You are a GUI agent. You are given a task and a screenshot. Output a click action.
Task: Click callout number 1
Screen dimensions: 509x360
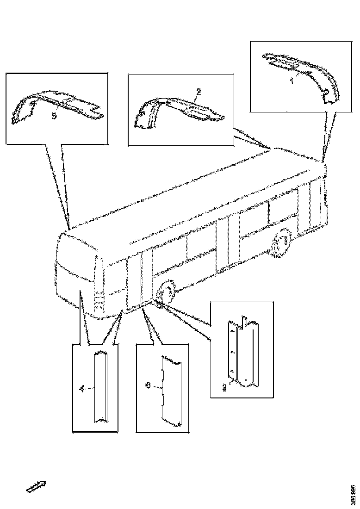[x=292, y=81]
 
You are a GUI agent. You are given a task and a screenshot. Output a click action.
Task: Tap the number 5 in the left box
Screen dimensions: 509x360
[x=54, y=116]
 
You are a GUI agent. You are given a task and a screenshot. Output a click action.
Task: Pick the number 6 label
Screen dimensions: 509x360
[x=148, y=385]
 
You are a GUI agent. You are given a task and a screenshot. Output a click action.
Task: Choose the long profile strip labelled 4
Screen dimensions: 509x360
[x=101, y=388]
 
